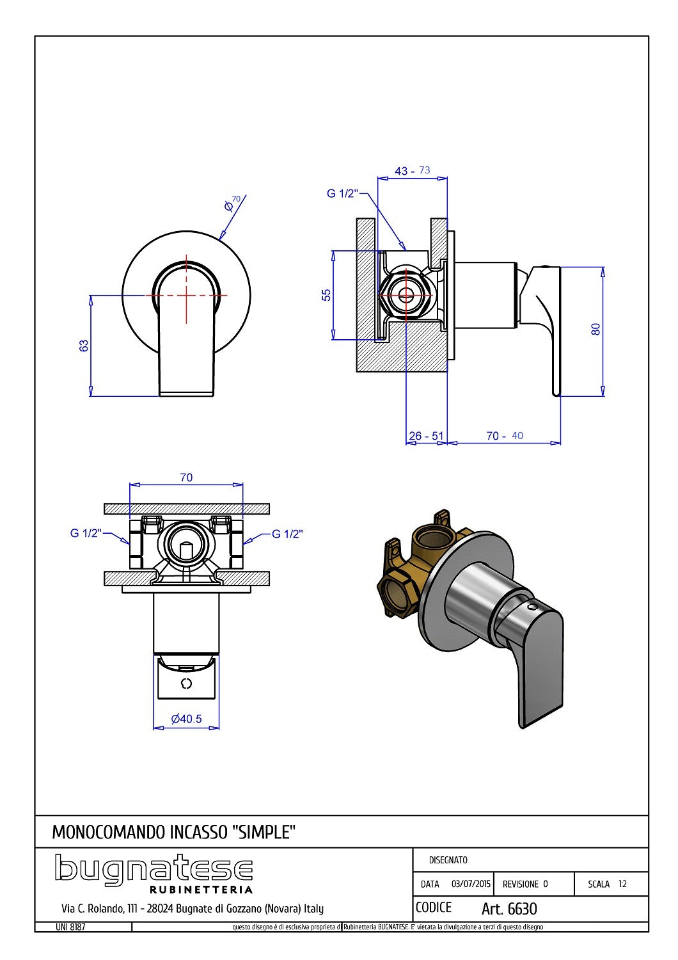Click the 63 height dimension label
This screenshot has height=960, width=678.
pyautogui.click(x=84, y=346)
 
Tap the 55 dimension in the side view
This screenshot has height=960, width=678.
pyautogui.click(x=326, y=295)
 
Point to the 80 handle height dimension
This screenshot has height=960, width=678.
pyautogui.click(x=595, y=329)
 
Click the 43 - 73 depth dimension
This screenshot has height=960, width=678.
pyautogui.click(x=412, y=171)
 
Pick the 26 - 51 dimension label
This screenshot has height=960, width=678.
pyautogui.click(x=426, y=436)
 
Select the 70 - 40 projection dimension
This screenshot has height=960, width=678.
pyautogui.click(x=504, y=436)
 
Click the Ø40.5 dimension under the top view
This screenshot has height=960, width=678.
pyautogui.click(x=186, y=719)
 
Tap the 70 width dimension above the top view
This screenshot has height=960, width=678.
pyautogui.click(x=186, y=477)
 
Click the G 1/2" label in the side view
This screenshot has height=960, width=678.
pyautogui.click(x=342, y=193)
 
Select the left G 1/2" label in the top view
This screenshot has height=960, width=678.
pyautogui.click(x=86, y=533)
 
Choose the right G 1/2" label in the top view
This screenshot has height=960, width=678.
pyautogui.click(x=287, y=534)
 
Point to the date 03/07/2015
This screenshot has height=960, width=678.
pyautogui.click(x=471, y=884)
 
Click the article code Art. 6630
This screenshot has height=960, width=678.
pyautogui.click(x=509, y=909)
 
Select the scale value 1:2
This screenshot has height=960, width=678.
pyautogui.click(x=622, y=884)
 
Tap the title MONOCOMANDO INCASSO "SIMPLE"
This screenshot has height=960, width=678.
pyautogui.click(x=173, y=832)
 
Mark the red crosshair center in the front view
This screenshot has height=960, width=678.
pyautogui.click(x=186, y=295)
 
